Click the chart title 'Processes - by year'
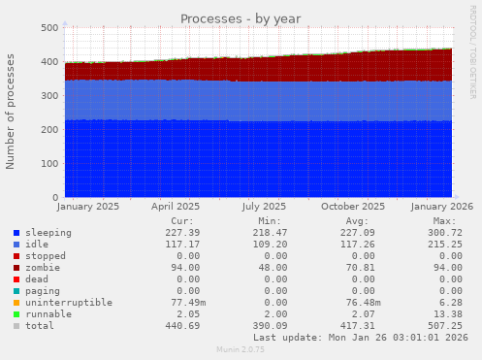[x=241, y=18]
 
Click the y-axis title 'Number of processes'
[x=11, y=112]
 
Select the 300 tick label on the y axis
[x=48, y=96]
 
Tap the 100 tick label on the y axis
[x=48, y=164]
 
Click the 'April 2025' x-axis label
[x=176, y=206]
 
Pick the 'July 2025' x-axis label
[x=264, y=206]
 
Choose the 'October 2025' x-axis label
[x=353, y=206]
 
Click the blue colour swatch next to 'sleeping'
[x=16, y=233]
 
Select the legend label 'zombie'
[x=43, y=267]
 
